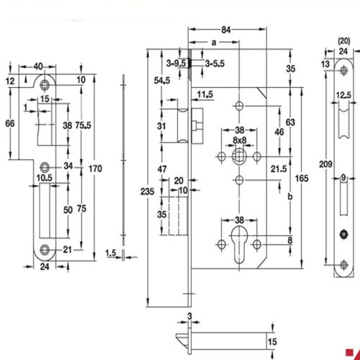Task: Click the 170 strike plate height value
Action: (x=106, y=168)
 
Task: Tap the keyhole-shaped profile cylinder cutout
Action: (x=238, y=243)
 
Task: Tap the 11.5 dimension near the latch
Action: (x=206, y=94)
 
